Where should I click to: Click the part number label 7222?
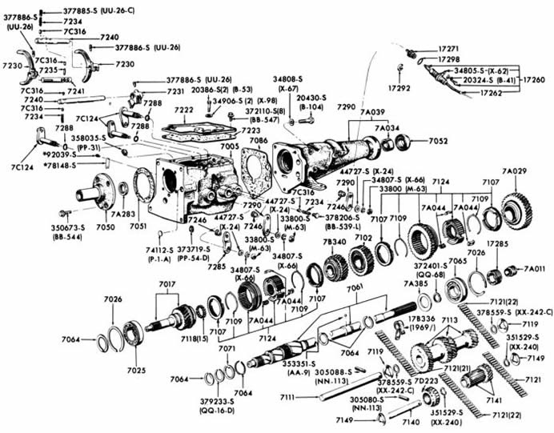coord(183,110)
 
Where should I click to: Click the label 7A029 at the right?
coord(514,173)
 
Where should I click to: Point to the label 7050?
coord(106,227)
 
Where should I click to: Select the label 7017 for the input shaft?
coord(167,283)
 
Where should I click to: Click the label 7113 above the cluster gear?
coord(449,319)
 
